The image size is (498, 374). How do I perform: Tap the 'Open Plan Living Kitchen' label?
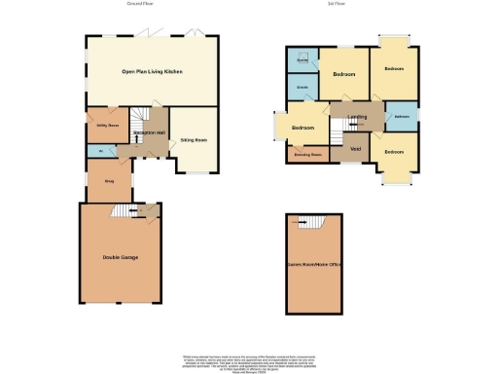pyautogui.click(x=152, y=72)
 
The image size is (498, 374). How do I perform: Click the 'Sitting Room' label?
pyautogui.click(x=195, y=141)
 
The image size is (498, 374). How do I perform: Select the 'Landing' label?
pyautogui.click(x=357, y=119)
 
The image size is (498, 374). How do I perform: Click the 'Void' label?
pyautogui.click(x=355, y=149)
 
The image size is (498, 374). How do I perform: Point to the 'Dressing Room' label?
pyautogui.click(x=308, y=154)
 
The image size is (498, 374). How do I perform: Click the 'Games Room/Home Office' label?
pyautogui.click(x=314, y=263)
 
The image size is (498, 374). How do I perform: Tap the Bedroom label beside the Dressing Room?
pyautogui.click(x=303, y=128)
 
